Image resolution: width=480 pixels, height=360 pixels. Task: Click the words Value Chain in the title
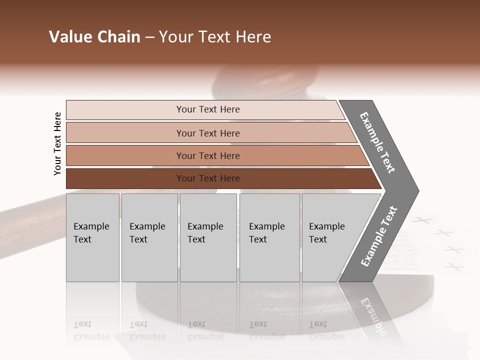pos(94,37)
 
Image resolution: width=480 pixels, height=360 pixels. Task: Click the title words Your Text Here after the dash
pos(215,37)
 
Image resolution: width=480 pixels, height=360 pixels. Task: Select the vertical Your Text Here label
pos(58,143)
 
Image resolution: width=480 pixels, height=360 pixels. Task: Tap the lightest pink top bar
pos(125,110)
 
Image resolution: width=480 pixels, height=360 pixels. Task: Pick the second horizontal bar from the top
pos(125,133)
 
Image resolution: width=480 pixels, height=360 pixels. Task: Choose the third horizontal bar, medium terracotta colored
pos(125,155)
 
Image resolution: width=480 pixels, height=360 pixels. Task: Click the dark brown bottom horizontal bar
pos(125,178)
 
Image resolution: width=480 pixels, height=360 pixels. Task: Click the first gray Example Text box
pos(92,237)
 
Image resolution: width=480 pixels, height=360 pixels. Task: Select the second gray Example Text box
pos(149,237)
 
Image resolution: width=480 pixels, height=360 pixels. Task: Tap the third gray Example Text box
pos(208,237)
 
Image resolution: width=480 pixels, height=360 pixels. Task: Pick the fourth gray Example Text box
pos(269,237)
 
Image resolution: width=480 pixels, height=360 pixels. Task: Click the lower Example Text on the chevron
pos(379,236)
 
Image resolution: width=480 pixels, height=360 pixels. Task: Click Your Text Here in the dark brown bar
pos(208,178)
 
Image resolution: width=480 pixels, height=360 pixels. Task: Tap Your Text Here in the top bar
pos(208,109)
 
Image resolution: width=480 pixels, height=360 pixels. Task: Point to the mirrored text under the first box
pos(91,331)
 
